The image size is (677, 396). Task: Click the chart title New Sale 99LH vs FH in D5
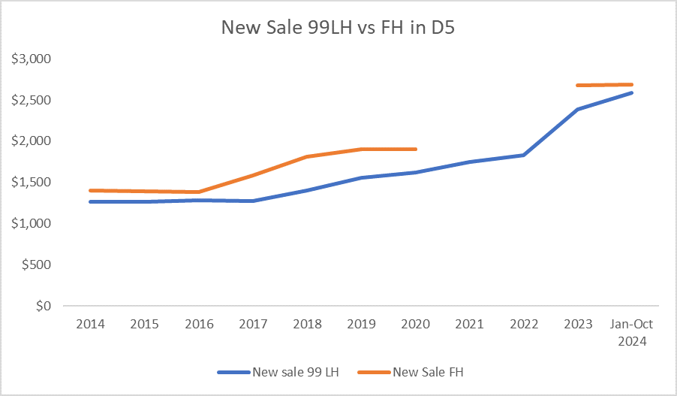338,28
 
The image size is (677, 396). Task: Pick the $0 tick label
44,307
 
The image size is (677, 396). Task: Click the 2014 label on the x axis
90,325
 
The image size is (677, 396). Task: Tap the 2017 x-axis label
253,325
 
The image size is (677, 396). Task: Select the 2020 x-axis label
415,325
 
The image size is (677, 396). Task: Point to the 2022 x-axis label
524,325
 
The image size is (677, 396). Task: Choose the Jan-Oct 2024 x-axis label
632,331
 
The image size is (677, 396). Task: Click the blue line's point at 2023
578,109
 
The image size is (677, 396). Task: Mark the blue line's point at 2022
524,155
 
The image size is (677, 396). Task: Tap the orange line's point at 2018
307,156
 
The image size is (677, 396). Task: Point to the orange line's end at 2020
415,149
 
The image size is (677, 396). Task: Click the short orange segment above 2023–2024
605,85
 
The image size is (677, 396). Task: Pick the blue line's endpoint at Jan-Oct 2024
632,92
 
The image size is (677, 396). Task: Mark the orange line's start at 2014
90,191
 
